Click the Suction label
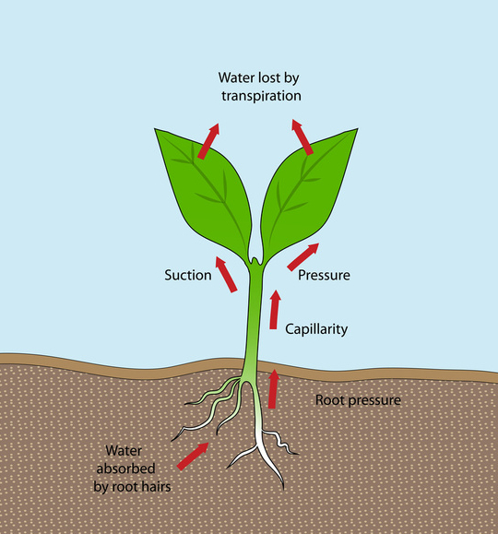coord(188,275)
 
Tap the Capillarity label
coord(316,329)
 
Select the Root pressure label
coord(358,400)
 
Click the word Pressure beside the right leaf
coord(324,275)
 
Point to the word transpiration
coord(261,96)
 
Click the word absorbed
coord(125,469)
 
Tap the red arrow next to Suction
coord(226,275)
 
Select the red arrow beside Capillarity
coord(274,310)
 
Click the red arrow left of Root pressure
coord(273,388)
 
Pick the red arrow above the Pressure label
coord(303,257)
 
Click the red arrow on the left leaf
coord(208,141)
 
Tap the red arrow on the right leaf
coord(302,136)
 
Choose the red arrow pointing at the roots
coord(193,457)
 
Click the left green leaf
coord(207,191)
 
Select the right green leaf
coord(305,191)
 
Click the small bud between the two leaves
coord(255,260)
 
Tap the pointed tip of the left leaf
coord(155,129)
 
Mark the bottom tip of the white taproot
coord(283,490)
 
